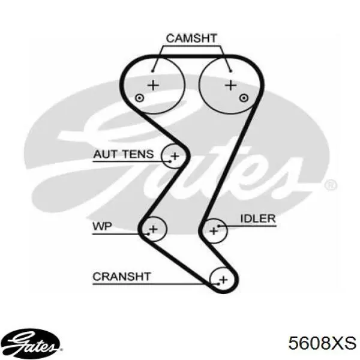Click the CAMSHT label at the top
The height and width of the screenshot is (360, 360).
(191, 38)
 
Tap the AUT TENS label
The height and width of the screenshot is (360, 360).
(123, 154)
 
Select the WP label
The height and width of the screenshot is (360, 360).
(102, 226)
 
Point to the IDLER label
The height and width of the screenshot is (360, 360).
(258, 218)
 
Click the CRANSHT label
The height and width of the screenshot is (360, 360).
(122, 277)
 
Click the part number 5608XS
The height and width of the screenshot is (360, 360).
(322, 343)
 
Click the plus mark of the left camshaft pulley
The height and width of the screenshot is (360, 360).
(153, 85)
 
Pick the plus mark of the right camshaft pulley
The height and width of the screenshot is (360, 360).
(231, 85)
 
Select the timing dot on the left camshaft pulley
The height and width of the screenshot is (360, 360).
(139, 98)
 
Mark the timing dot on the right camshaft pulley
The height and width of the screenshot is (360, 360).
(244, 98)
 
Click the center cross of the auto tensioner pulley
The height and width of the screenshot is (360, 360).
(175, 156)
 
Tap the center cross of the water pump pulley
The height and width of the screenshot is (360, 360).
(154, 229)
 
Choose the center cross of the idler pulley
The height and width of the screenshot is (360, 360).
(214, 231)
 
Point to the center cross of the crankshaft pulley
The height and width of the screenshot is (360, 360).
(223, 280)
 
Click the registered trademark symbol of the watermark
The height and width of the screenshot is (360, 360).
(331, 184)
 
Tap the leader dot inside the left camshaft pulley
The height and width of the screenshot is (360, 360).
(152, 71)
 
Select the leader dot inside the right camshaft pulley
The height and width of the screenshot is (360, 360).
(231, 71)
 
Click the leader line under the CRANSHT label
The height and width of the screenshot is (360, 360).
(155, 284)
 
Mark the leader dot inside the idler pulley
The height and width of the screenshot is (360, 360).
(218, 226)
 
